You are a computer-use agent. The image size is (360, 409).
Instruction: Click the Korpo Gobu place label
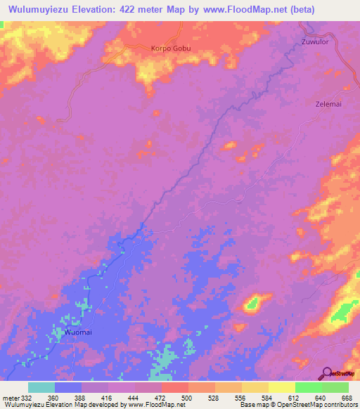[171, 48]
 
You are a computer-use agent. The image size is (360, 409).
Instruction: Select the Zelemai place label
[327, 103]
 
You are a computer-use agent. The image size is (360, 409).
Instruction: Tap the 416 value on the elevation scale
[108, 398]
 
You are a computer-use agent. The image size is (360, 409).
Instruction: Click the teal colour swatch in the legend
[41, 387]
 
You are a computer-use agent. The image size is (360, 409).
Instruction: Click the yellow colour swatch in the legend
[281, 387]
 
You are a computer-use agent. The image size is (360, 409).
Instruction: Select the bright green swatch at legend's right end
[335, 387]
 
